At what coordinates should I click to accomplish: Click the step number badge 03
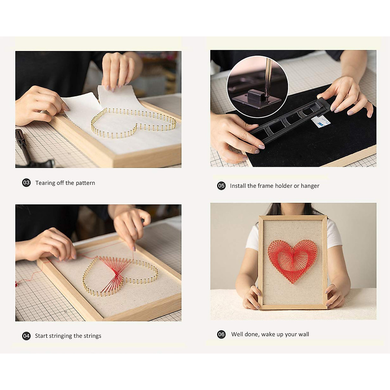tap(26, 183)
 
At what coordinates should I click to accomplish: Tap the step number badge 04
tap(26, 336)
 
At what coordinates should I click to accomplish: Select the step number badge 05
tap(221, 186)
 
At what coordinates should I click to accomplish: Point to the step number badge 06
tap(221, 334)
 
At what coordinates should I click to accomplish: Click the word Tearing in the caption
tap(45, 183)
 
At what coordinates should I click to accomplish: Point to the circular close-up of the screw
tap(257, 86)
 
